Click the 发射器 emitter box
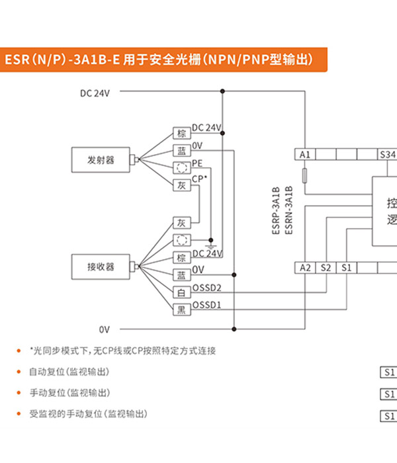click(x=101, y=160)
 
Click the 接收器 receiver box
click(x=101, y=267)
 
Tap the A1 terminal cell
click(x=305, y=154)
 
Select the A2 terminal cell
click(x=305, y=268)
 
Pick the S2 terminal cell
click(x=326, y=268)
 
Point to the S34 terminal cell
click(x=388, y=154)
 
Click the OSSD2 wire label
click(x=206, y=288)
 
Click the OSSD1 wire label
click(x=206, y=305)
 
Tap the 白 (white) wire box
click(x=182, y=292)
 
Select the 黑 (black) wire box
click(x=182, y=310)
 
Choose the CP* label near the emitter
click(x=199, y=179)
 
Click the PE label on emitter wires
click(x=197, y=163)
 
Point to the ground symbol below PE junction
click(x=211, y=246)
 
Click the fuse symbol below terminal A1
click(x=305, y=176)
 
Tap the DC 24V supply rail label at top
click(x=95, y=93)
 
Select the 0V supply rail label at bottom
click(x=105, y=329)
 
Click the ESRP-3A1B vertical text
click(x=276, y=210)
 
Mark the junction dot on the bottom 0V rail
click(x=234, y=329)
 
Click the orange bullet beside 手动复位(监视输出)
click(x=19, y=393)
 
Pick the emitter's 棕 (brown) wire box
click(x=182, y=133)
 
